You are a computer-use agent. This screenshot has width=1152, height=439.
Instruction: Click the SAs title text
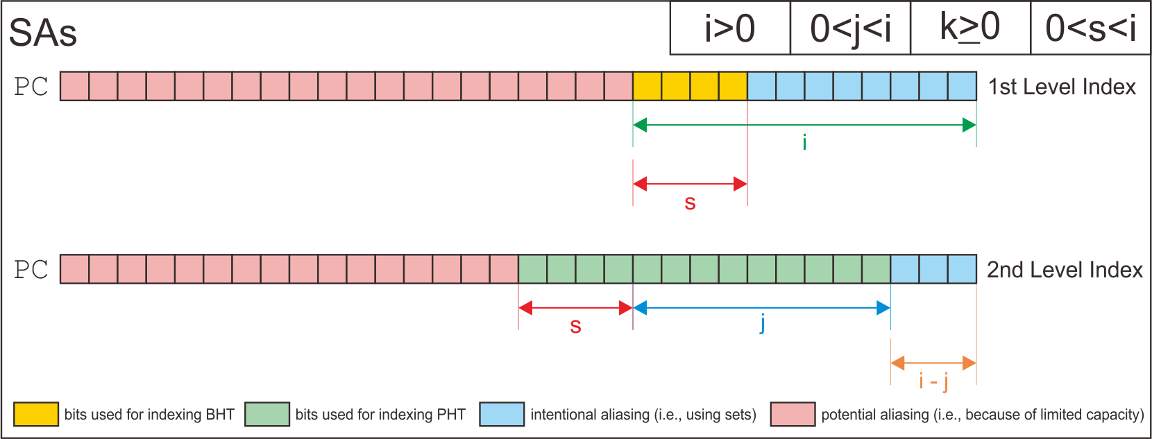[42, 33]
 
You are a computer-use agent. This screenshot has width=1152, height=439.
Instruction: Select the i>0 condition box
[730, 29]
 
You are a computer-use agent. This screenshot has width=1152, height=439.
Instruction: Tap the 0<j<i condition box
[850, 29]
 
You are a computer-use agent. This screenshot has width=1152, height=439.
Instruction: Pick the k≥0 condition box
[970, 29]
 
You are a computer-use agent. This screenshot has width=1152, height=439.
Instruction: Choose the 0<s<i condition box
[1090, 29]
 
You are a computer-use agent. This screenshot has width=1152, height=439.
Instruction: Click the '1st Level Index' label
[1062, 87]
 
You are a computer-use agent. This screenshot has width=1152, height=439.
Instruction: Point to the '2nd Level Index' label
[1065, 270]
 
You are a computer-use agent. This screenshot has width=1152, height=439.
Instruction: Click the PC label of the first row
[31, 87]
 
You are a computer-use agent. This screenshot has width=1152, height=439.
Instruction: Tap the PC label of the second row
[31, 270]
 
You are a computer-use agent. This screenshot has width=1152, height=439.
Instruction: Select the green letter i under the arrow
[804, 142]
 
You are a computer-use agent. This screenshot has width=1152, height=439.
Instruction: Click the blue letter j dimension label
[762, 324]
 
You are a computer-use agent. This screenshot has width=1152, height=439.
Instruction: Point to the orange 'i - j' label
[933, 381]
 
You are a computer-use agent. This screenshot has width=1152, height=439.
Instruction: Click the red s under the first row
[690, 203]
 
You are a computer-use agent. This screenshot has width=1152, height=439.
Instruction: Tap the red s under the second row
[575, 326]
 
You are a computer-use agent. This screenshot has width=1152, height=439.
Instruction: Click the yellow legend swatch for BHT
[36, 414]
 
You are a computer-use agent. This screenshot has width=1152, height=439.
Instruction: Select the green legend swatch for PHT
[267, 414]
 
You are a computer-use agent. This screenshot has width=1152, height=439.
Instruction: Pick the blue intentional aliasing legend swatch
[502, 414]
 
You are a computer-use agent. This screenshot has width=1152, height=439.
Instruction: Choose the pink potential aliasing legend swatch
[793, 414]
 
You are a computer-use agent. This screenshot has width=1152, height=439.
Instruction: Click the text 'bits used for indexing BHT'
[149, 415]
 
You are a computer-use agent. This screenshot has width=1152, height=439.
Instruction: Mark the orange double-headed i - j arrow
[933, 363]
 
